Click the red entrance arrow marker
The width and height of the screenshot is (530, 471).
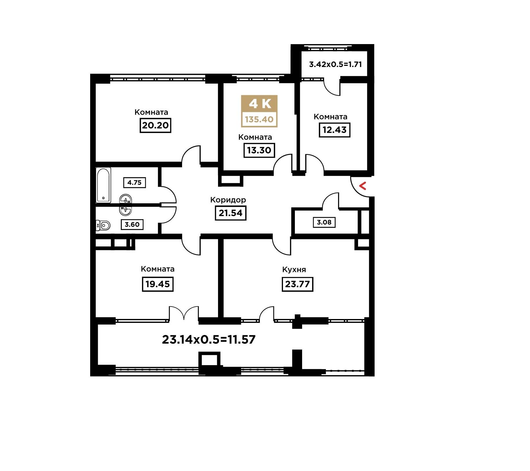coord(363,186)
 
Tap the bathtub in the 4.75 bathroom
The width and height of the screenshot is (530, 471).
coord(103,185)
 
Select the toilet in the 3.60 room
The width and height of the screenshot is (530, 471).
coord(103,225)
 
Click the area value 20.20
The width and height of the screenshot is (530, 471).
coord(155,125)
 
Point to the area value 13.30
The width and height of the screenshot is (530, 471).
coord(259,150)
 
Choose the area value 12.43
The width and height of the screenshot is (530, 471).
coord(335,130)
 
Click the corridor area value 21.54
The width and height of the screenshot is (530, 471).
coord(230,213)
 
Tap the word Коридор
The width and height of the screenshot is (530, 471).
coord(228,200)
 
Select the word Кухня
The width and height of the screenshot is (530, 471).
coord(294,270)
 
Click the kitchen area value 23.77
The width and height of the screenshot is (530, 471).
coord(297,284)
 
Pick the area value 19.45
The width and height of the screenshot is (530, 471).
coord(158,284)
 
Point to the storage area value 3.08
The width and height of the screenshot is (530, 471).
coord(324,222)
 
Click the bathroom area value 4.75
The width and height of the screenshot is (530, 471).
coord(135,183)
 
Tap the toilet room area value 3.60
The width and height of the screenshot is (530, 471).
coord(132,224)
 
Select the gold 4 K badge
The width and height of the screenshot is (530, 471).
coord(259,111)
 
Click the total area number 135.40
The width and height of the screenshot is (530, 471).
coord(259,119)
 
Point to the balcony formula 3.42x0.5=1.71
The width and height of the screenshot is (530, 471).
coord(335,64)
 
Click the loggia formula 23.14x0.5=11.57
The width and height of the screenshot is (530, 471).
coord(209,339)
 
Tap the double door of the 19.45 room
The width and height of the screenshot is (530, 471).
coord(184,313)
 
